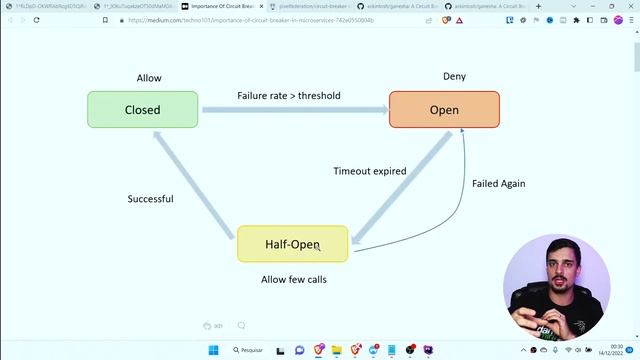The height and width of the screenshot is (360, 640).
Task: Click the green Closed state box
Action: (142, 110)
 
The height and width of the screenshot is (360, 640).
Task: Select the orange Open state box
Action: (444, 110)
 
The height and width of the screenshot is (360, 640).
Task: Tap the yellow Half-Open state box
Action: (292, 244)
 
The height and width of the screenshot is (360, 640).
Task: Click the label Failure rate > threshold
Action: (289, 96)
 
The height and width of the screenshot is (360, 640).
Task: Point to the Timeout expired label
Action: (369, 171)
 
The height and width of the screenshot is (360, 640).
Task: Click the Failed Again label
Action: (498, 184)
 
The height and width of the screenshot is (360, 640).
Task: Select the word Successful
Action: (150, 199)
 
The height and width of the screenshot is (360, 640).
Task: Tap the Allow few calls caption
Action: (293, 279)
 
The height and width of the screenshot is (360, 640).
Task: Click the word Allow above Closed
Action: (149, 78)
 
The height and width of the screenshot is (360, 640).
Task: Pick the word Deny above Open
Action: (454, 76)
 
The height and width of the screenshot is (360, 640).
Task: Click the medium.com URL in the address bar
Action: (250, 20)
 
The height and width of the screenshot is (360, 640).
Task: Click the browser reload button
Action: (37, 20)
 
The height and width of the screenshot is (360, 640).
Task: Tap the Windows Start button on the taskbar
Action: (213, 350)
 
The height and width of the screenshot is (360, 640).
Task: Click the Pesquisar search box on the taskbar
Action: (250, 350)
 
